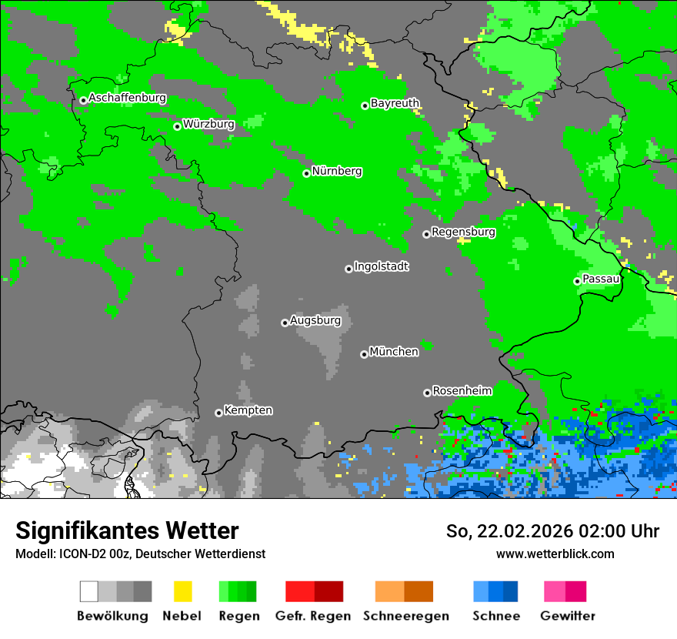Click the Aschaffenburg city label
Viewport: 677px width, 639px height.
127,98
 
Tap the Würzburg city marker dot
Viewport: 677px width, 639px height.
177,126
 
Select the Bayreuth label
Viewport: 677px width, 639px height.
395,103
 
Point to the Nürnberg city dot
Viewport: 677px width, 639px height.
306,173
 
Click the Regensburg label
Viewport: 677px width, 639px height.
463,232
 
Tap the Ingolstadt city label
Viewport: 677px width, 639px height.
381,266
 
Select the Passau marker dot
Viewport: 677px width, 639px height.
577,281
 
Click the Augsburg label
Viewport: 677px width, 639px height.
315,320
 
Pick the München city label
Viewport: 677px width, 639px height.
394,352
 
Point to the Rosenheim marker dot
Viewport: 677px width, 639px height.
427,393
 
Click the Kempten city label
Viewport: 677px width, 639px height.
248,410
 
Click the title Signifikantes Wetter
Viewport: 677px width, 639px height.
127,530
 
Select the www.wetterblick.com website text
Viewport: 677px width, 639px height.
555,554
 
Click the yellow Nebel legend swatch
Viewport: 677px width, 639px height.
182,591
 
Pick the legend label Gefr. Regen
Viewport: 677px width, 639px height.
313,616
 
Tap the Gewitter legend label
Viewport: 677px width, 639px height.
567,616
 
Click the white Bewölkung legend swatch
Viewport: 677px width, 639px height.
88,591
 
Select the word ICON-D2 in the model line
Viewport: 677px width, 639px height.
77,554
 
